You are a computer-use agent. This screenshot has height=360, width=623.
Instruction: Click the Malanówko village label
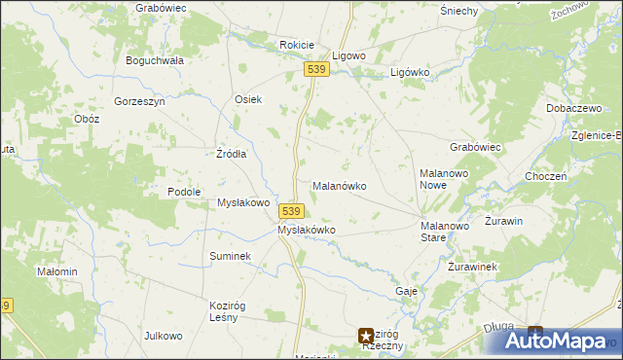[338, 185]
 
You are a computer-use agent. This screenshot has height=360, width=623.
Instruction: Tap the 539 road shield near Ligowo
[314, 70]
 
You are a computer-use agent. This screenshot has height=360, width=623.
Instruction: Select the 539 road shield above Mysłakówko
[293, 211]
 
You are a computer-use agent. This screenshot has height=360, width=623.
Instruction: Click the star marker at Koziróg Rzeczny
[366, 334]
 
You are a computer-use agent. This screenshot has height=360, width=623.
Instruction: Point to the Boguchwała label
[155, 60]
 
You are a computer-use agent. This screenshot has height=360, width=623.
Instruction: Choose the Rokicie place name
[296, 45]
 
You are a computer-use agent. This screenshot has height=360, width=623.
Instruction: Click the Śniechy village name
[458, 11]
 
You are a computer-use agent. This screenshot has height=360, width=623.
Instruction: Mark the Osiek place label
[248, 99]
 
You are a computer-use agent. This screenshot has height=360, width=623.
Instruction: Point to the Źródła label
[231, 154]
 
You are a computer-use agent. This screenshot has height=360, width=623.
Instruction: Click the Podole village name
[184, 192]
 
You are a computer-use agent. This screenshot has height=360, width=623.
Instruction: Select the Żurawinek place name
[473, 267]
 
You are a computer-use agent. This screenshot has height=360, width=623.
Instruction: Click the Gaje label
[407, 291]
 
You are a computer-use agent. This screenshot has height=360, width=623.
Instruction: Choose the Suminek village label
[231, 256]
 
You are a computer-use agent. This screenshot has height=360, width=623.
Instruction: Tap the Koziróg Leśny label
[231, 310]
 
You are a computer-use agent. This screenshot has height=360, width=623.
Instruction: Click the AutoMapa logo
[555, 341]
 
